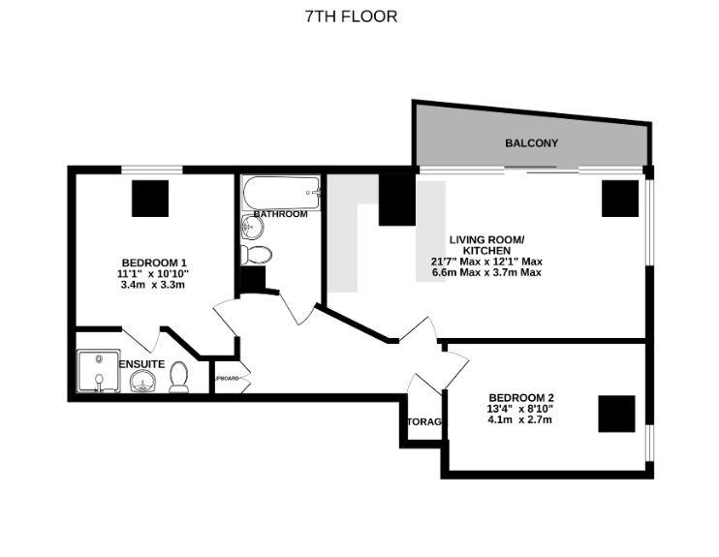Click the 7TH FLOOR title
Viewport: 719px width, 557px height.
[351, 16]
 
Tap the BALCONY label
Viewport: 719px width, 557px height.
[531, 143]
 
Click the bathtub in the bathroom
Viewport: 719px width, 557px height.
[281, 192]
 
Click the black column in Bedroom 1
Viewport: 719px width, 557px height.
[150, 199]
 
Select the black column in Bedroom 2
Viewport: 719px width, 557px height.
[616, 414]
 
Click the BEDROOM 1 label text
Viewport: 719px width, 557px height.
[154, 263]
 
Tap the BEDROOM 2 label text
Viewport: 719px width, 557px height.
[521, 397]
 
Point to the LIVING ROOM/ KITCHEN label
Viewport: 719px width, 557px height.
[486, 244]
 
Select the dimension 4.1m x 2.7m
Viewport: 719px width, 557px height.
[521, 420]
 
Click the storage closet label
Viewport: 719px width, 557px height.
[424, 422]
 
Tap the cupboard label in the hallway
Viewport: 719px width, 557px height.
[227, 378]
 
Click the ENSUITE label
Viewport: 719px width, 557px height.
[142, 363]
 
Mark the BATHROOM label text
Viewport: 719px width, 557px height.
[280, 214]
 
